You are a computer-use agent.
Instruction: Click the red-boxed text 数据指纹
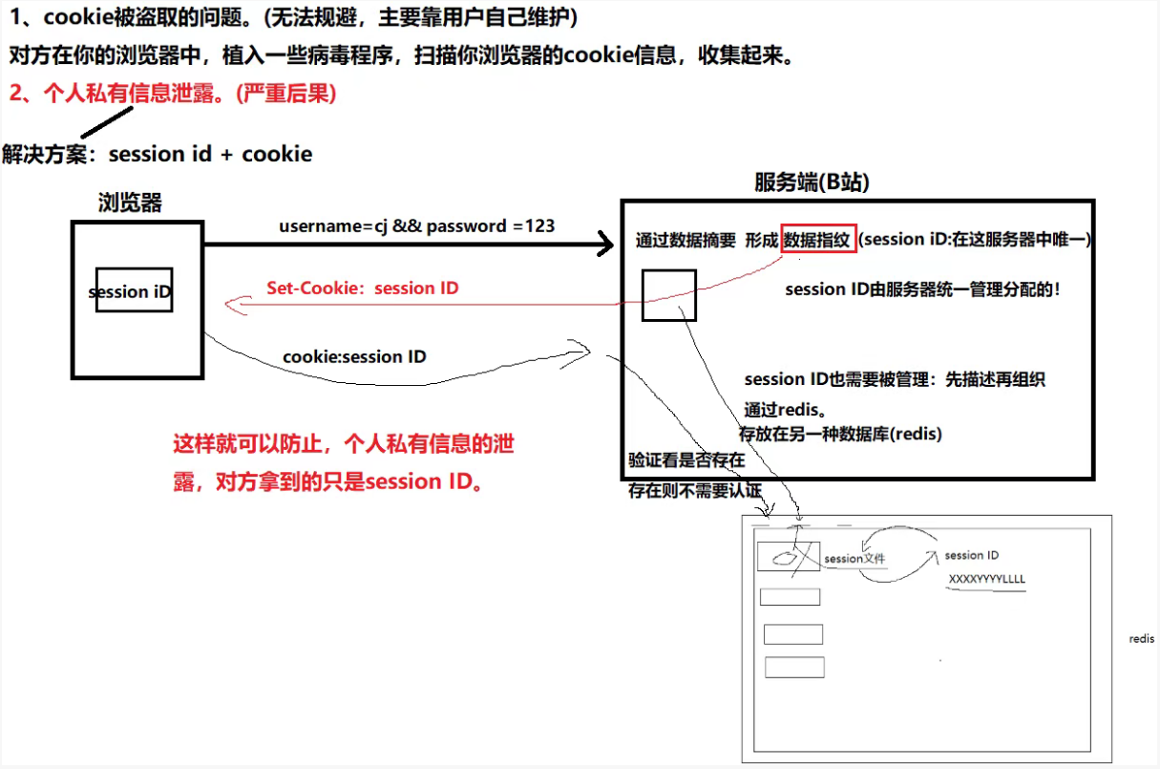click(x=817, y=241)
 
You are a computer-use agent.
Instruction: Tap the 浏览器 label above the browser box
click(x=130, y=203)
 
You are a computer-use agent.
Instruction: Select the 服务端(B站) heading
click(x=812, y=182)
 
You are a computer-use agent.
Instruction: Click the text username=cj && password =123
click(x=416, y=226)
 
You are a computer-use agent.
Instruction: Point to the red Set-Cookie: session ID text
click(x=363, y=288)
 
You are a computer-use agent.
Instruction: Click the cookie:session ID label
click(x=354, y=356)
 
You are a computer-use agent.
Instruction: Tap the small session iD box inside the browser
click(x=134, y=290)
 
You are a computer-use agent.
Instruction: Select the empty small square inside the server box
click(x=668, y=294)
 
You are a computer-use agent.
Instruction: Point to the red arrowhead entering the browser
click(x=232, y=304)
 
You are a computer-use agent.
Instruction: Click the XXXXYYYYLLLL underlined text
click(x=986, y=580)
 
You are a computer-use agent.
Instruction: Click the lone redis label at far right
click(x=1142, y=638)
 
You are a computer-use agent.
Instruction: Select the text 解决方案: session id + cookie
click(x=158, y=154)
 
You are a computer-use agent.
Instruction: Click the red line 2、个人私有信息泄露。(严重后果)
click(x=173, y=94)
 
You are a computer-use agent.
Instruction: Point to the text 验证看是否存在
click(x=686, y=460)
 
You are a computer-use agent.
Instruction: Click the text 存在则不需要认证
click(x=695, y=491)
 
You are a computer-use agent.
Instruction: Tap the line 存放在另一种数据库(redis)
click(x=840, y=434)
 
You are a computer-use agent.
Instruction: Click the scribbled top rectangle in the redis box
click(x=788, y=557)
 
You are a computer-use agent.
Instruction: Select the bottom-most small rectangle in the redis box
click(x=794, y=667)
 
